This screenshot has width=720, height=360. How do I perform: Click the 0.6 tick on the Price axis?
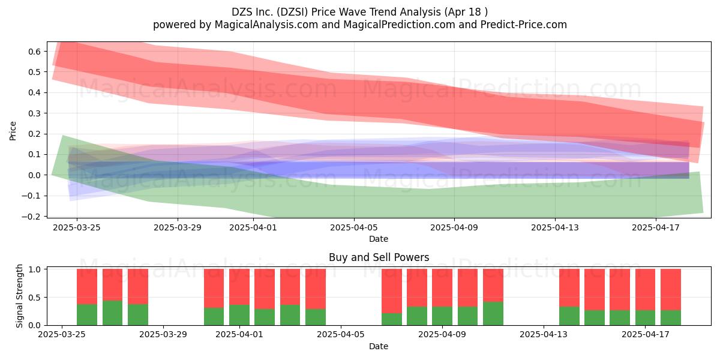(x=34, y=52)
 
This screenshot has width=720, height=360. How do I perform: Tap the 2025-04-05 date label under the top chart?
(x=354, y=227)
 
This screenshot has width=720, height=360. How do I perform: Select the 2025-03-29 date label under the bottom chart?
(x=163, y=334)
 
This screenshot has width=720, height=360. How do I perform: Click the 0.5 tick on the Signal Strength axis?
(x=34, y=298)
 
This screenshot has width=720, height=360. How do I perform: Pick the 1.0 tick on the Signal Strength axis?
(x=34, y=269)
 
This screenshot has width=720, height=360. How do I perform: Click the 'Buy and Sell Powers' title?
(x=379, y=257)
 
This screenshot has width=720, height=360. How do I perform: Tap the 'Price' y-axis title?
(x=13, y=131)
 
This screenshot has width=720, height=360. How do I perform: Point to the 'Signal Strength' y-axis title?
(x=19, y=296)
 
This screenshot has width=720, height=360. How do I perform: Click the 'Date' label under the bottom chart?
(x=379, y=346)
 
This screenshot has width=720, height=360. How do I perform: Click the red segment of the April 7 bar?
(x=392, y=291)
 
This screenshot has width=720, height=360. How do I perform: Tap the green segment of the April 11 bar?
(x=493, y=313)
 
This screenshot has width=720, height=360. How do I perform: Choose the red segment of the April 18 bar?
(x=671, y=290)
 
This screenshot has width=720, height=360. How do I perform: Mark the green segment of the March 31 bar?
(x=214, y=317)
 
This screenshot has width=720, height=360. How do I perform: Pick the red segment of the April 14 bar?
(x=569, y=288)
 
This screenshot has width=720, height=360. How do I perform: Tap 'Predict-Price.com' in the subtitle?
(x=524, y=25)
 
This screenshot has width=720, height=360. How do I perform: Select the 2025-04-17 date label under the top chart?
(x=656, y=227)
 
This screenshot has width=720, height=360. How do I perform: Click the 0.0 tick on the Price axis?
(x=34, y=175)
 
